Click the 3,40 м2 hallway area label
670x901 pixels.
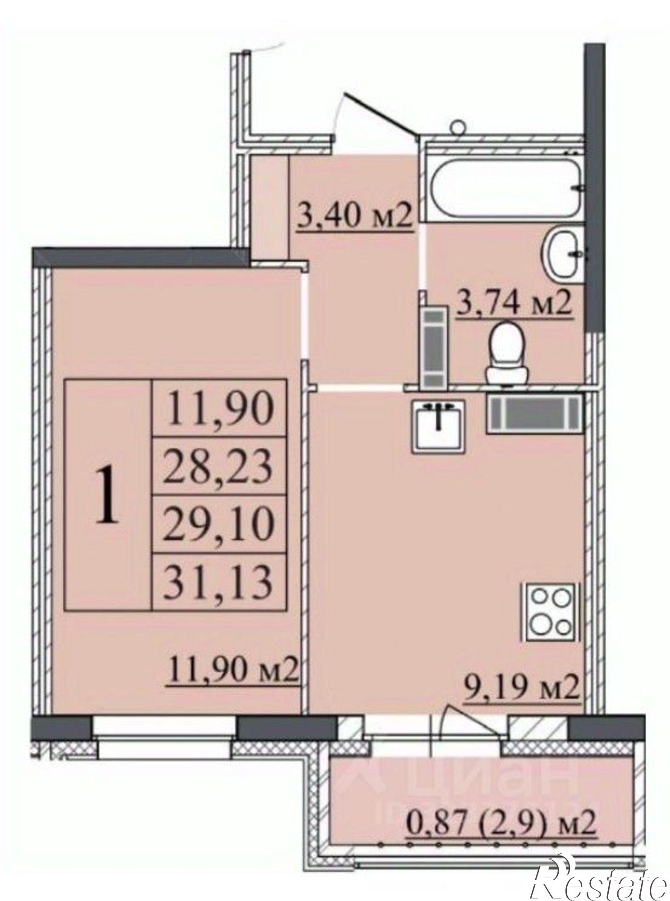click(x=354, y=217)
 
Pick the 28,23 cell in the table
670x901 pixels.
click(x=219, y=466)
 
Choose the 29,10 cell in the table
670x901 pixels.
click(x=219, y=524)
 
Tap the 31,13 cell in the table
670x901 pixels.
click(x=219, y=582)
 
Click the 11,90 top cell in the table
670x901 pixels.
click(x=219, y=408)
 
